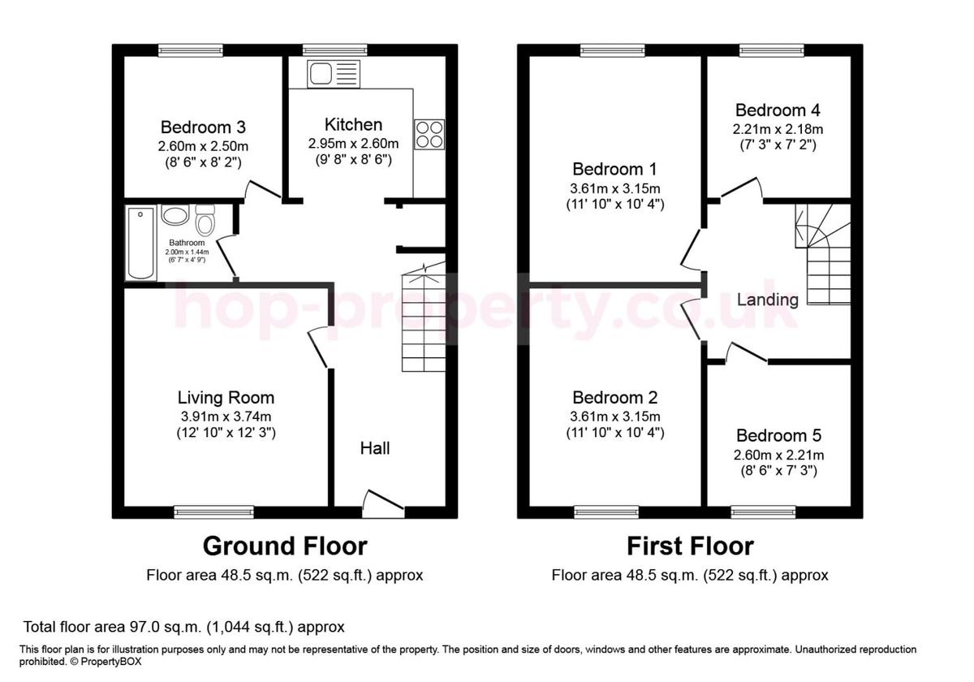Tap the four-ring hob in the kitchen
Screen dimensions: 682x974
(x=429, y=134)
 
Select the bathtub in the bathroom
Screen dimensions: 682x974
(x=140, y=244)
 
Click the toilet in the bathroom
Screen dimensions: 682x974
(x=205, y=219)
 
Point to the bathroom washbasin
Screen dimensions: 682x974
(x=175, y=215)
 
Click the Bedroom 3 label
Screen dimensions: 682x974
(x=203, y=127)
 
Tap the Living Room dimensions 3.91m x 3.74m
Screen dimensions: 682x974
(x=226, y=416)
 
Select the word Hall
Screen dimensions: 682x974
(x=375, y=447)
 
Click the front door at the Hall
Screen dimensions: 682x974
(x=382, y=504)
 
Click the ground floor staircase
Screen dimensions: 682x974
(x=424, y=321)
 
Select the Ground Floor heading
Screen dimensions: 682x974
(x=284, y=545)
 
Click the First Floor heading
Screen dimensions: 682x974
(x=690, y=545)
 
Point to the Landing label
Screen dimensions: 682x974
(x=767, y=300)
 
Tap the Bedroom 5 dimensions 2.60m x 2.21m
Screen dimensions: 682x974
(x=778, y=455)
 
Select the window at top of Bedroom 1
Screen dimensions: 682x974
(x=613, y=50)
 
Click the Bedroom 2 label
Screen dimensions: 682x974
(x=614, y=397)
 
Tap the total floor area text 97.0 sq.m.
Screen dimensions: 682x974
(x=183, y=627)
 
